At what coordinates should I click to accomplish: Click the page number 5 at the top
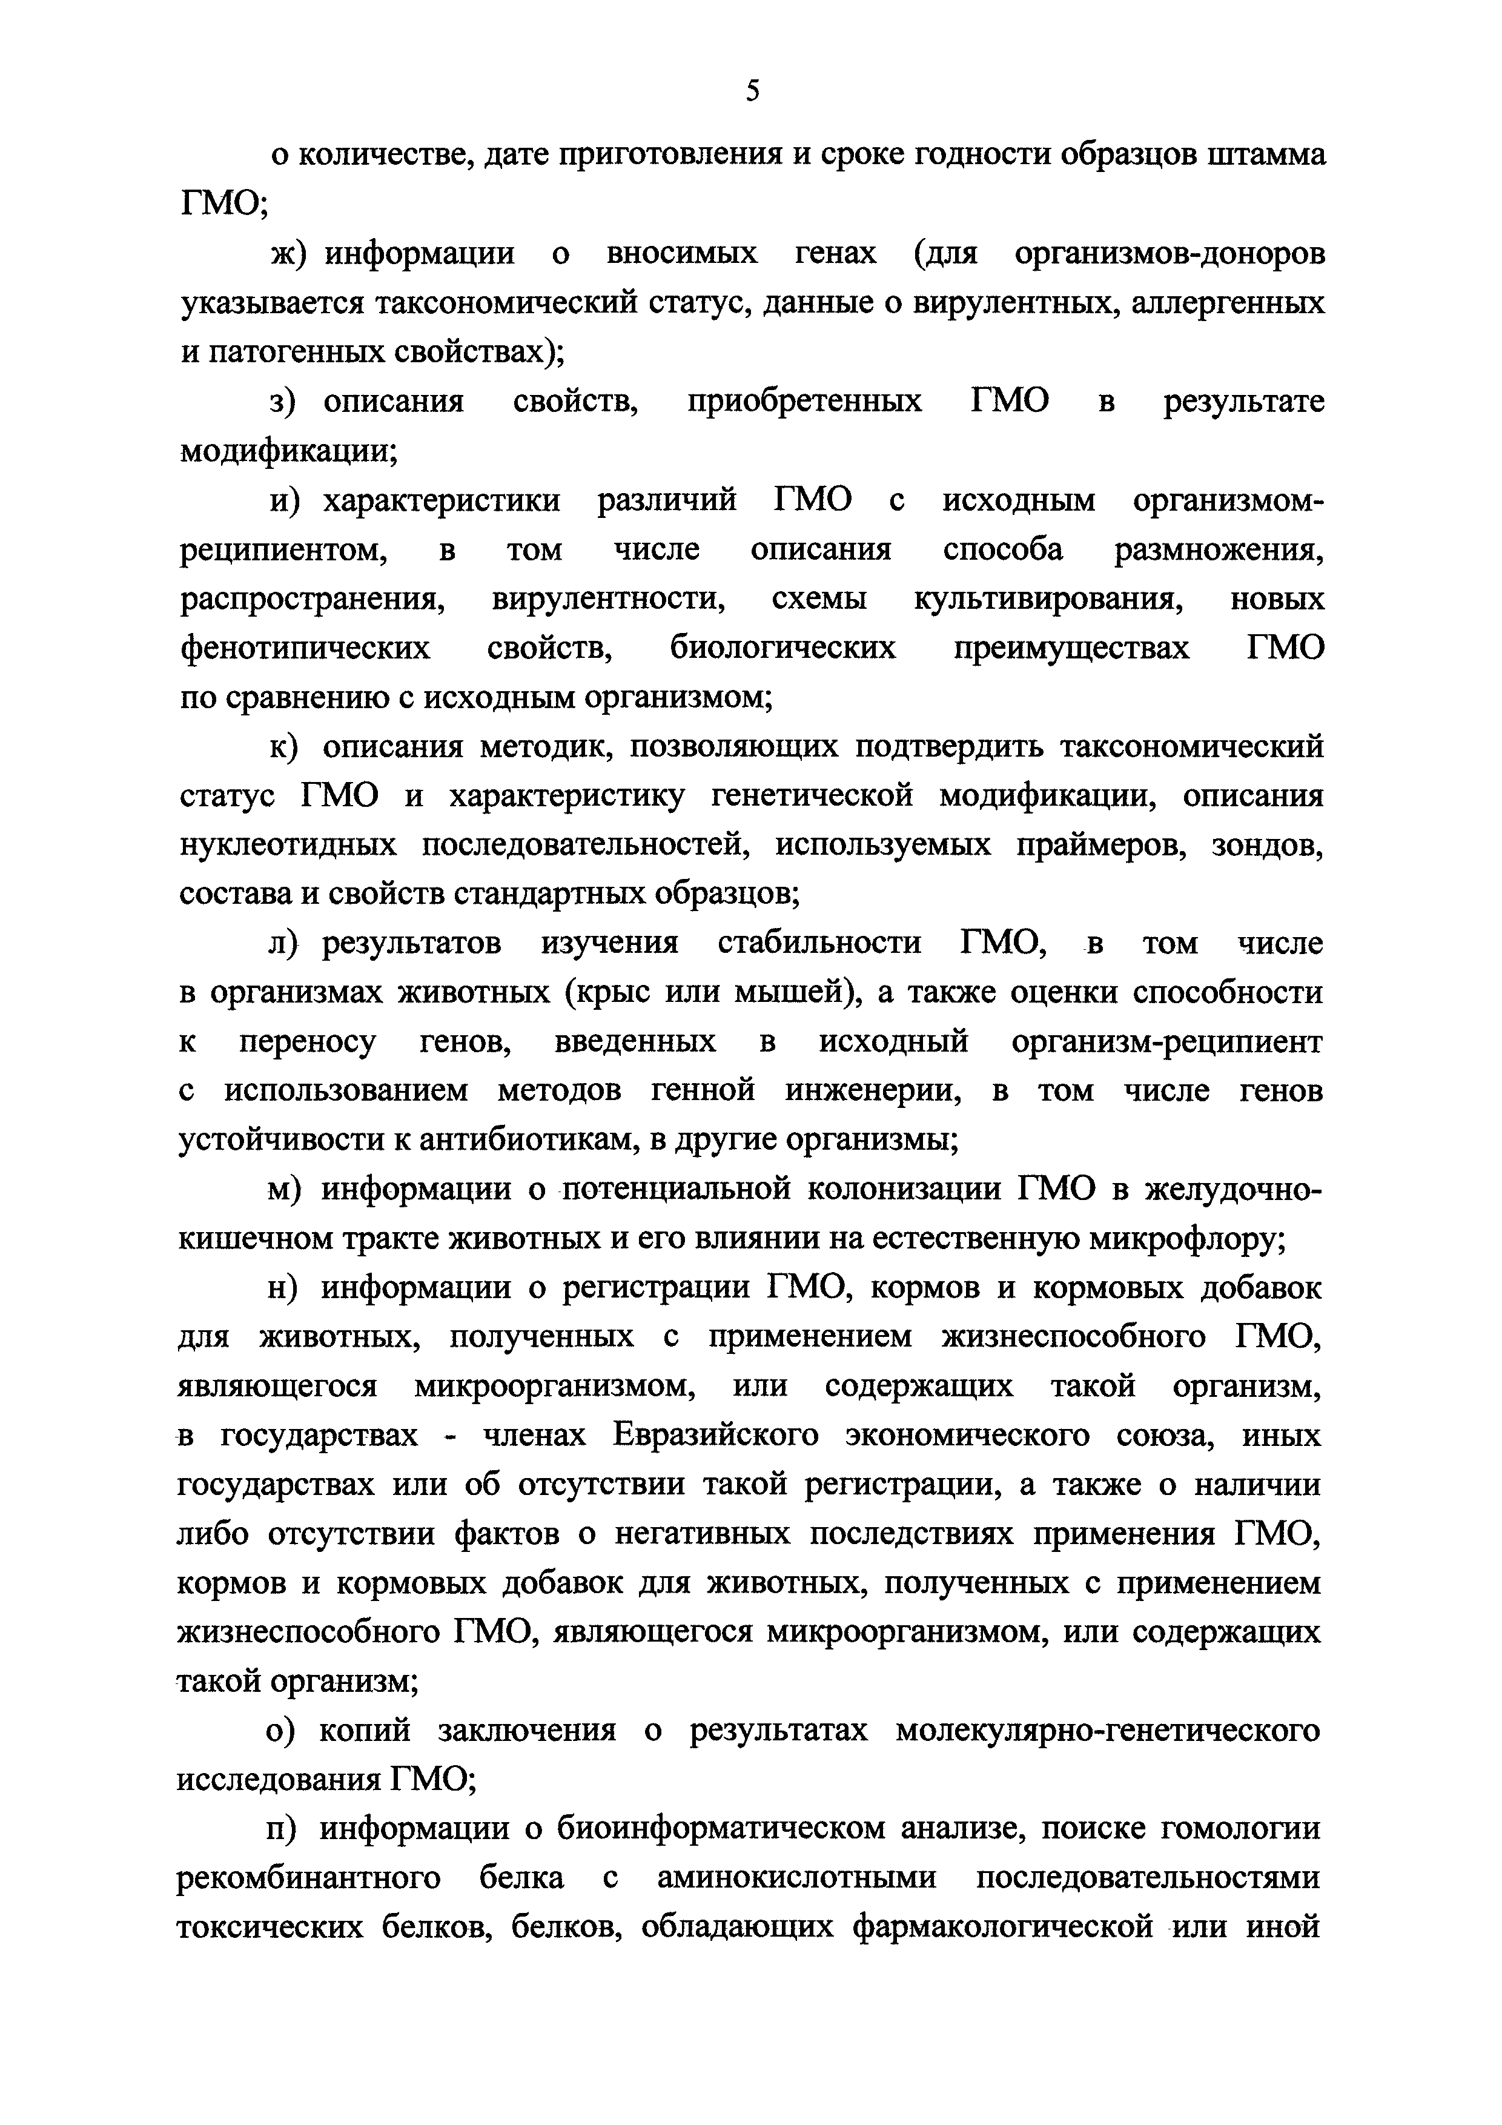click(752, 91)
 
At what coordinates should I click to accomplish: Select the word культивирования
click(1050, 600)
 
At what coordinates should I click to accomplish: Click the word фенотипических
click(305, 649)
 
